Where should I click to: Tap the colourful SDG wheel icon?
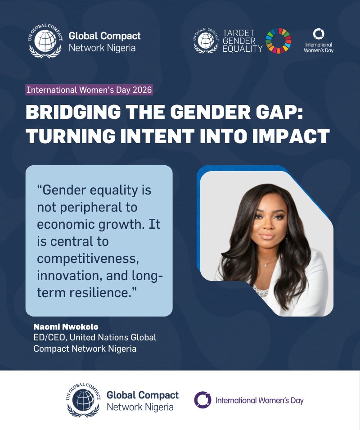278,41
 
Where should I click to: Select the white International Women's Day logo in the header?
319,41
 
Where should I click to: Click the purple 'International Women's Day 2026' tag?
89,89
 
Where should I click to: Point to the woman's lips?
267,236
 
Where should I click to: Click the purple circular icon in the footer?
202,400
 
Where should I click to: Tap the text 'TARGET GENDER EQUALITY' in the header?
243,41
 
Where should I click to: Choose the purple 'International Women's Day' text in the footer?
260,400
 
